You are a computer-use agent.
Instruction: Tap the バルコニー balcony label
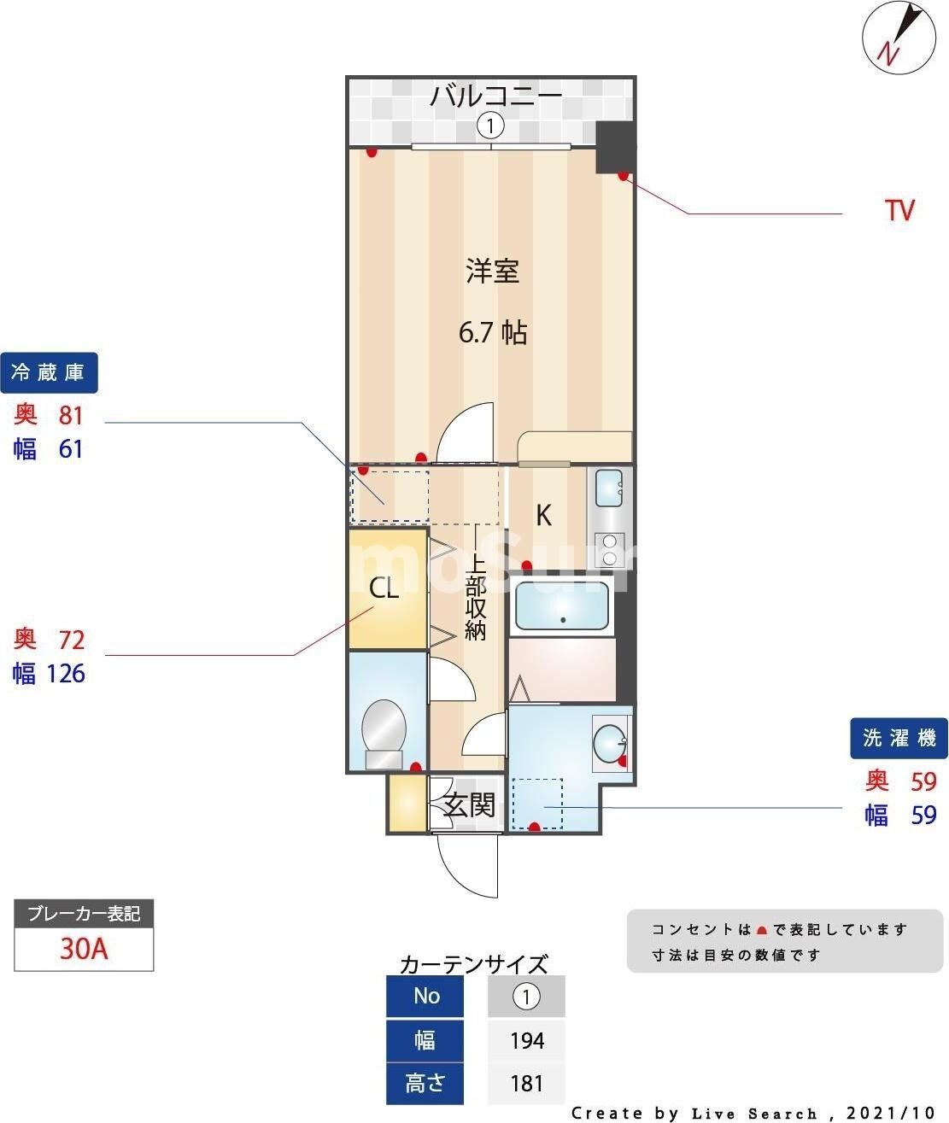(x=495, y=95)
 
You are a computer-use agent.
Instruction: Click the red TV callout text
(x=899, y=210)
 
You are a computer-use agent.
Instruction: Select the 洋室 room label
(x=492, y=272)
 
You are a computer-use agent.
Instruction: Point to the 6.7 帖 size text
(x=492, y=332)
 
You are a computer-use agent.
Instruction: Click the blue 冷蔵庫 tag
(x=49, y=373)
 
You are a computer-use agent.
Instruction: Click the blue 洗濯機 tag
(x=899, y=738)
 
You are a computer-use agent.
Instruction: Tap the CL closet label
(x=384, y=588)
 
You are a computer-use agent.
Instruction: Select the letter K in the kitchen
(x=543, y=515)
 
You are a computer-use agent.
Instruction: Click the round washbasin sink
(x=610, y=743)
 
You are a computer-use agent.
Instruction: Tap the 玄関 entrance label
(x=469, y=804)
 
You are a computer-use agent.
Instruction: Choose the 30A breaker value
(x=84, y=949)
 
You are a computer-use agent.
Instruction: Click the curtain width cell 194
(x=526, y=1040)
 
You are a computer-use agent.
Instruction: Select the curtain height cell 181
(x=526, y=1083)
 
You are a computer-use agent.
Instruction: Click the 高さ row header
(x=425, y=1083)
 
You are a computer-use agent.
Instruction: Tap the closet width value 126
(x=66, y=674)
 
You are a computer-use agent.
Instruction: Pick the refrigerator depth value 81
(x=71, y=415)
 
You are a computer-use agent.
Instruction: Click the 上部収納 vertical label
(x=475, y=598)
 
